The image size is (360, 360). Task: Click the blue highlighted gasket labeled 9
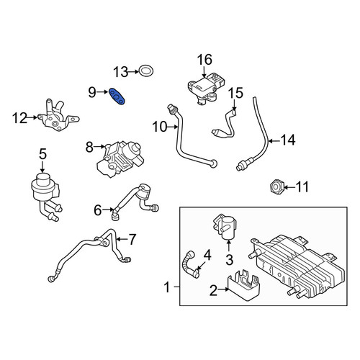click(117, 96)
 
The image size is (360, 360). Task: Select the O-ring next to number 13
click(146, 71)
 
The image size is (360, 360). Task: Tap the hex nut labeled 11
click(276, 186)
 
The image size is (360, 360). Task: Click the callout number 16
click(204, 60)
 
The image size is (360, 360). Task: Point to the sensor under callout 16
click(207, 88)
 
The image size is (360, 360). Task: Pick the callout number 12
click(19, 118)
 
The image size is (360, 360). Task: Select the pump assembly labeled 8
click(120, 159)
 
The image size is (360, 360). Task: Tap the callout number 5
click(42, 154)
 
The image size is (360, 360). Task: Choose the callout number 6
click(98, 210)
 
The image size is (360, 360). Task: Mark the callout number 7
click(132, 239)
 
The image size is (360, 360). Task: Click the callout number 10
click(160, 127)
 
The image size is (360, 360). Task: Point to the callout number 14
click(288, 140)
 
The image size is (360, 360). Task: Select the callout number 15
click(235, 93)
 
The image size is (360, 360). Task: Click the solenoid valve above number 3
click(225, 228)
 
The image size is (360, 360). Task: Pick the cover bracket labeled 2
click(243, 285)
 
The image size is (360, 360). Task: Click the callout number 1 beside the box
click(166, 287)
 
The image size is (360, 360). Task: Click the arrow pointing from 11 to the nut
click(290, 186)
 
